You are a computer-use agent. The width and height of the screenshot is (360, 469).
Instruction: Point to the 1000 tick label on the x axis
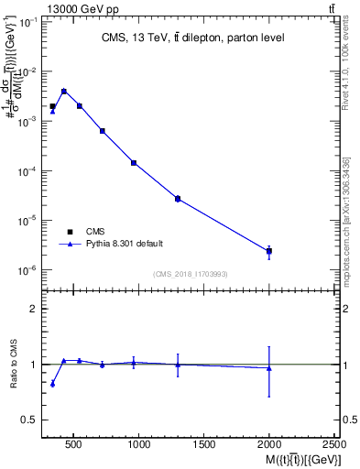point(139,444)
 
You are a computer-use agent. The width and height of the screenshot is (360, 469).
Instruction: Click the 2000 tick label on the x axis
point(269,444)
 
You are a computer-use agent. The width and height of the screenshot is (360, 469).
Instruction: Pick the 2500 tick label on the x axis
point(333,444)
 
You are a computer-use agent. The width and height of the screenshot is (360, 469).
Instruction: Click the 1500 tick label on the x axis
point(204,444)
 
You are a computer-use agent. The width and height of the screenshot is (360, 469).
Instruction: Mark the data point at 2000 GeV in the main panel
point(269,251)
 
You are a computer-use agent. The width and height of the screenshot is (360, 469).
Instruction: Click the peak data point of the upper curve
point(63,91)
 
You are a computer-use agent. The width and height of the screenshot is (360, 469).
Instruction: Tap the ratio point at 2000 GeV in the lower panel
point(269,368)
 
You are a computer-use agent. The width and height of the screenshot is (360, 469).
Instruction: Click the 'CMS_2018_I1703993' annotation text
point(191,274)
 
